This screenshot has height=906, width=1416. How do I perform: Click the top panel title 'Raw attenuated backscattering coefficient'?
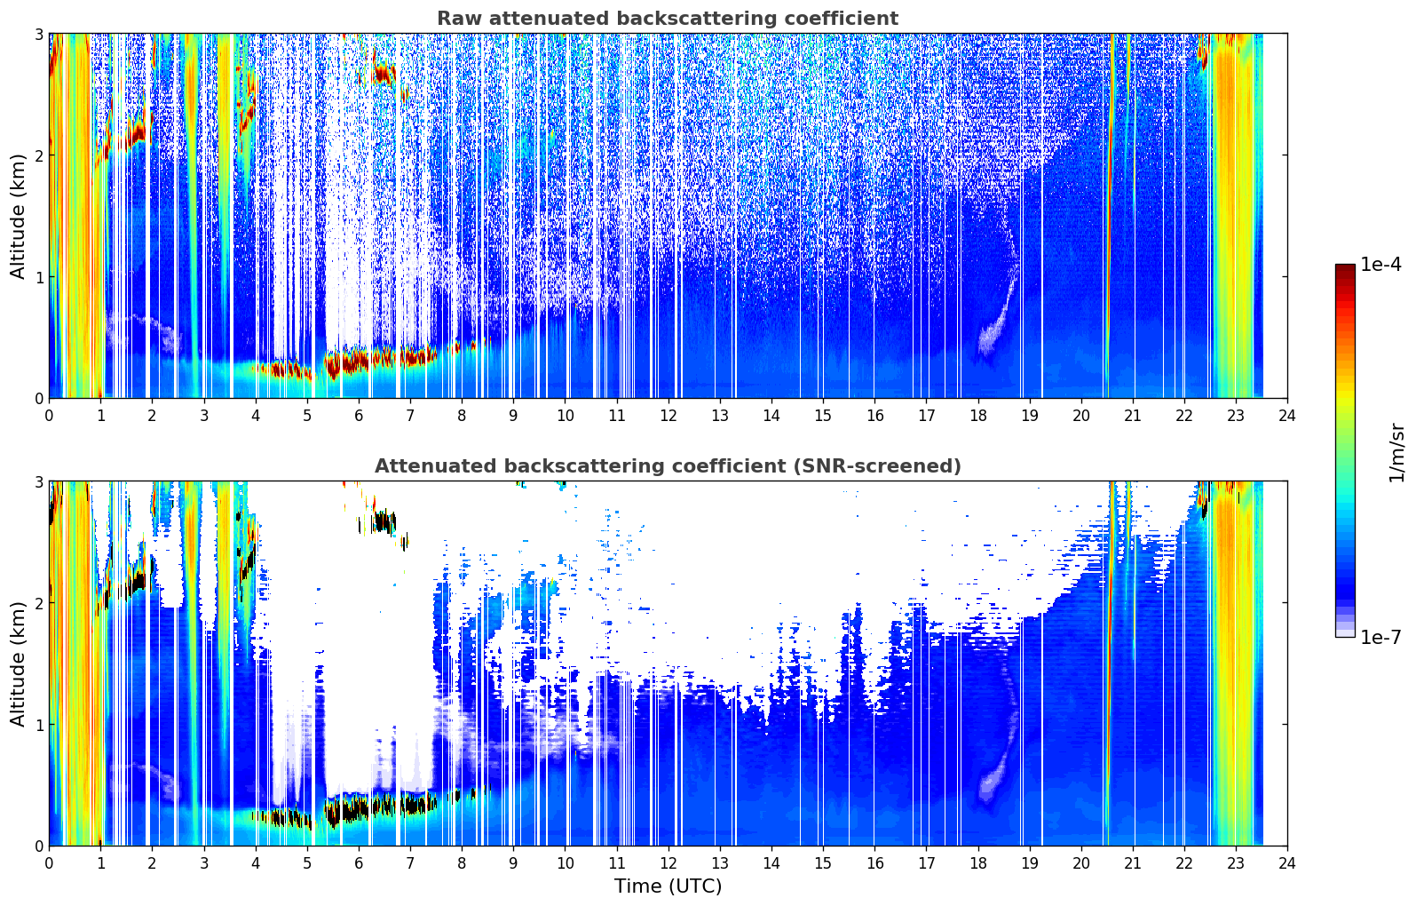click(668, 19)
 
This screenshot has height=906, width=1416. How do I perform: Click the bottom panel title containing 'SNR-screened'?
click(668, 466)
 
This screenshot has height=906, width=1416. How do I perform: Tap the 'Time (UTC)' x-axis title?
click(668, 886)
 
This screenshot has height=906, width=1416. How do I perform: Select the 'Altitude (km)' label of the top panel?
click(18, 216)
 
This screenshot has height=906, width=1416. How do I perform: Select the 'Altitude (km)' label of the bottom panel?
click(18, 664)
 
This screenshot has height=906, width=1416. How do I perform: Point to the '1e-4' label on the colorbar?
click(1380, 265)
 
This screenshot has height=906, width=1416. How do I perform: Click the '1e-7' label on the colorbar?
click(1380, 637)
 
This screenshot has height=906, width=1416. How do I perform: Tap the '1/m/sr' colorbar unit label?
click(1397, 453)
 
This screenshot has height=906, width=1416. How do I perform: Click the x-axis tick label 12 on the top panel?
click(668, 416)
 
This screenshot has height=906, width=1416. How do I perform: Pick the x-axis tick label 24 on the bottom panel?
click(1287, 863)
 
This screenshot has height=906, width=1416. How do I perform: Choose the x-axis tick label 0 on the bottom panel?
click(50, 863)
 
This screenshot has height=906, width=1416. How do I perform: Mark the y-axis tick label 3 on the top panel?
click(38, 34)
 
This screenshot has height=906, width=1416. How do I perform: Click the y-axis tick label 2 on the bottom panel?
click(38, 604)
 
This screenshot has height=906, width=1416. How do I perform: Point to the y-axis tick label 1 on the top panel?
click(38, 277)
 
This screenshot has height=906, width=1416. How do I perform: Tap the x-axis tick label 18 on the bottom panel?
click(978, 863)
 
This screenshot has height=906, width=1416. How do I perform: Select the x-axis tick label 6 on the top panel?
click(359, 416)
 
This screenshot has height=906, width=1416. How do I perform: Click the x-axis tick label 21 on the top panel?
click(1133, 416)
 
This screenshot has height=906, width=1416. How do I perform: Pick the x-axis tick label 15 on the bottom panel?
click(823, 863)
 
